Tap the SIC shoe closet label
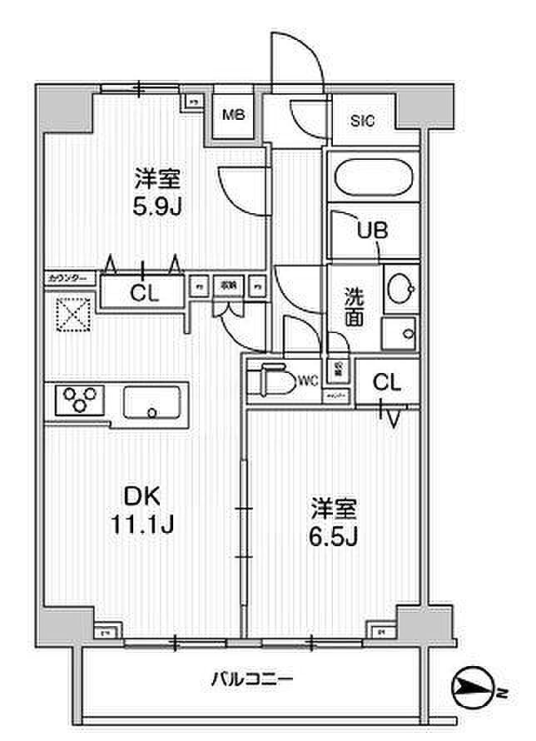coord(362,122)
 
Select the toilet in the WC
coord(275,381)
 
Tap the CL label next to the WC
coord(386,383)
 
